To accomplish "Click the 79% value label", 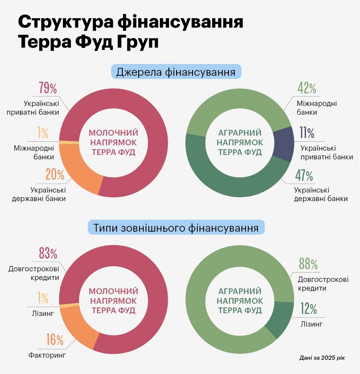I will click(x=48, y=88).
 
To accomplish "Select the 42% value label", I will click(x=306, y=88).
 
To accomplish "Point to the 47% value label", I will click(x=304, y=176).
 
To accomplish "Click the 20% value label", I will click(x=55, y=174).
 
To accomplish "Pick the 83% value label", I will click(x=48, y=253).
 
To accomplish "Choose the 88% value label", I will click(x=307, y=264).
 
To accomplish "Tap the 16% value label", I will click(x=55, y=340).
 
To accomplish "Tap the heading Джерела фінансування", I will click(x=176, y=72).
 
